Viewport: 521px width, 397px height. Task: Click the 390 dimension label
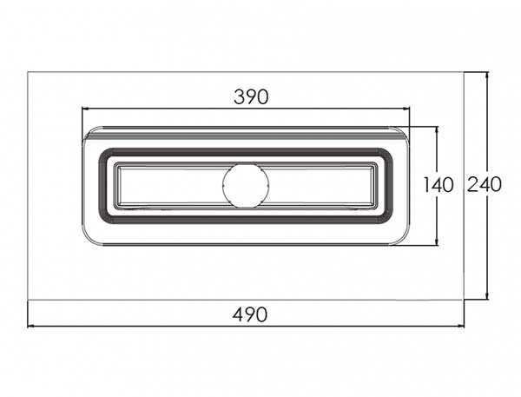coord(251,97)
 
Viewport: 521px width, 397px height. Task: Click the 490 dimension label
coord(250,314)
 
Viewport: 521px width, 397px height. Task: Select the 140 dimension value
coord(439,185)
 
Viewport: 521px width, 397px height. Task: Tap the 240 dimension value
coord(485,184)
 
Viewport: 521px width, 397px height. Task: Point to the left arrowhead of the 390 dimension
coord(86,109)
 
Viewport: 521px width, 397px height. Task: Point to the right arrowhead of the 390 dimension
coord(406,109)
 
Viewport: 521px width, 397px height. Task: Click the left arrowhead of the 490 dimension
coord(31,326)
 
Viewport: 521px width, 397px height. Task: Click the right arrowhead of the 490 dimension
coord(460,326)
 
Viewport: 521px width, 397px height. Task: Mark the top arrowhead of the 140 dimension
coord(437,130)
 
